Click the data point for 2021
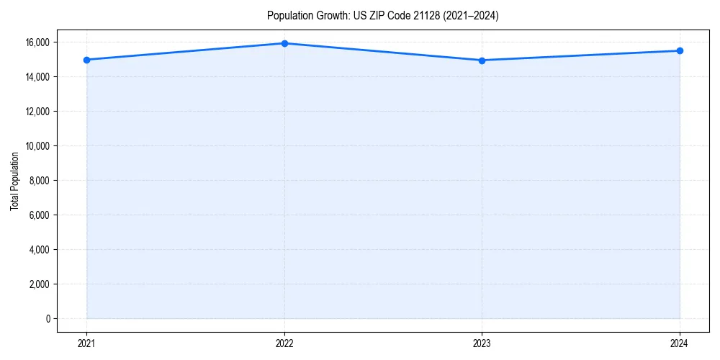pos(86,60)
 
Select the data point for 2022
pos(284,43)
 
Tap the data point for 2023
pos(482,60)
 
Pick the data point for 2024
pos(680,50)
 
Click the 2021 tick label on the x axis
pos(86,343)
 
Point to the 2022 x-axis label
pos(284,343)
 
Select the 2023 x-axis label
pos(482,343)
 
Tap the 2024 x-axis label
pos(680,343)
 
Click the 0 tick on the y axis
pos(48,319)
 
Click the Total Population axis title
pos(14,181)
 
